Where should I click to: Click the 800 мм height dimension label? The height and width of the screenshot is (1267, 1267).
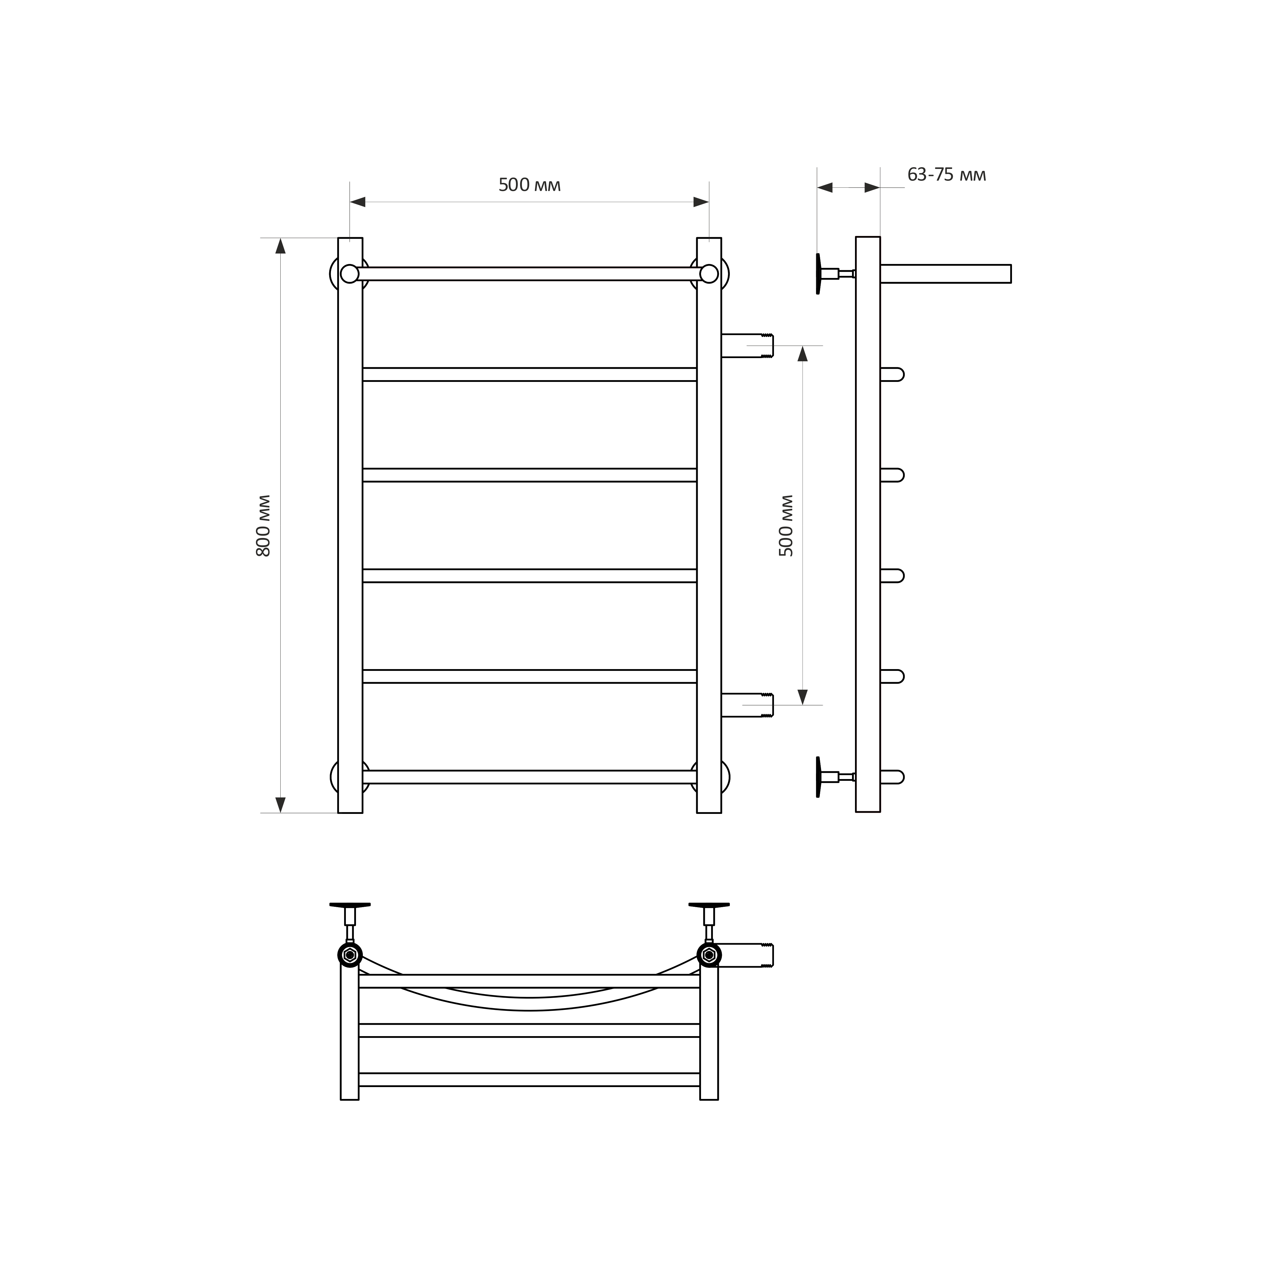pyautogui.click(x=264, y=526)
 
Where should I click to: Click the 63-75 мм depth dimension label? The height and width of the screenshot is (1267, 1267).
pyautogui.click(x=946, y=175)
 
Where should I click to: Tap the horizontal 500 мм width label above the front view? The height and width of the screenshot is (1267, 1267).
pyautogui.click(x=529, y=186)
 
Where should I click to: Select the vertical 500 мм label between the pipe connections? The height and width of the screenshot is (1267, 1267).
pyautogui.click(x=786, y=526)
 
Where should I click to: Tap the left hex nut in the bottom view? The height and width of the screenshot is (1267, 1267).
pyautogui.click(x=350, y=955)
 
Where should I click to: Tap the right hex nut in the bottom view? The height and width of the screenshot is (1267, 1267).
pyautogui.click(x=709, y=955)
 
